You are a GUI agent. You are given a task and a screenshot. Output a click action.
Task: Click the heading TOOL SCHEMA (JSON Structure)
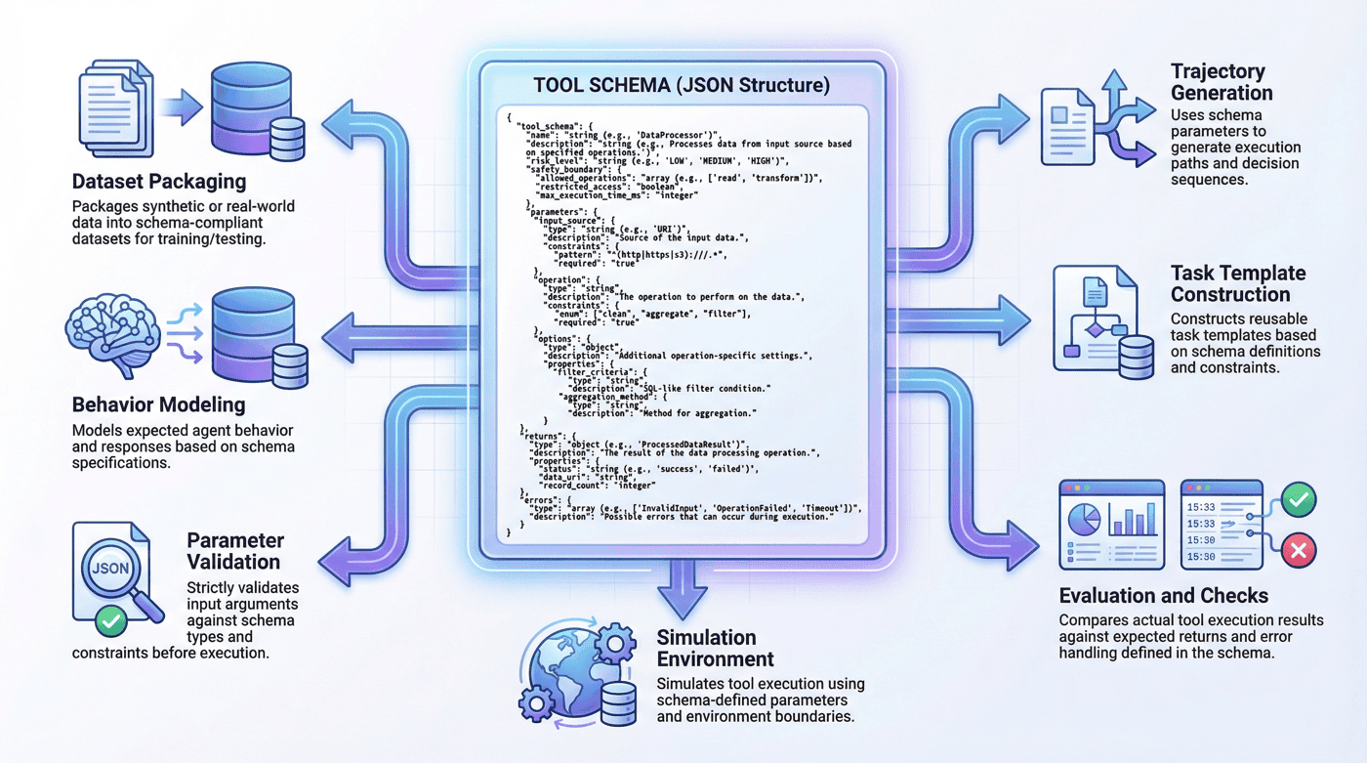[x=682, y=85]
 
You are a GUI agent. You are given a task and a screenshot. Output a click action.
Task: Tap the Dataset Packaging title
[x=159, y=182]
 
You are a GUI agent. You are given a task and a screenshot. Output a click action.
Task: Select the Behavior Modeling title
[x=158, y=404]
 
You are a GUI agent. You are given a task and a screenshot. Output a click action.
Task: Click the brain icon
[x=113, y=334]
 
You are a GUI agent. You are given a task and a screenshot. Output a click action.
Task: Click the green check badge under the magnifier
[x=111, y=621]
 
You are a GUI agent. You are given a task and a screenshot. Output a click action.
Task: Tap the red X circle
[x=1299, y=551]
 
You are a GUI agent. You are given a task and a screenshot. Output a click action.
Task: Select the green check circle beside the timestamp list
[x=1299, y=500]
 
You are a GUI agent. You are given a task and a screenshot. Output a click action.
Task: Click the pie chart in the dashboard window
[x=1085, y=520]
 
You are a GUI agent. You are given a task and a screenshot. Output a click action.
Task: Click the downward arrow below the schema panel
[x=683, y=590]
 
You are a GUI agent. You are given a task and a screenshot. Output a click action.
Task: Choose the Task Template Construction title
[x=1238, y=284]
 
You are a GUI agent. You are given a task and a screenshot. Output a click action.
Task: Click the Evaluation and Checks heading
[x=1164, y=595]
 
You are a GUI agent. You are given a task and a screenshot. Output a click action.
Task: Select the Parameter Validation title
[x=235, y=551]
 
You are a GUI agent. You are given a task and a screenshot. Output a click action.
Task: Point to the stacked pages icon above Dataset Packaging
[x=116, y=108]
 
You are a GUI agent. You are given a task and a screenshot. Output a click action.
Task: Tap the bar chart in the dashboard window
[x=1132, y=520]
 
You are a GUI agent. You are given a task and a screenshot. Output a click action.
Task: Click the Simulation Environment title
[x=715, y=649]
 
